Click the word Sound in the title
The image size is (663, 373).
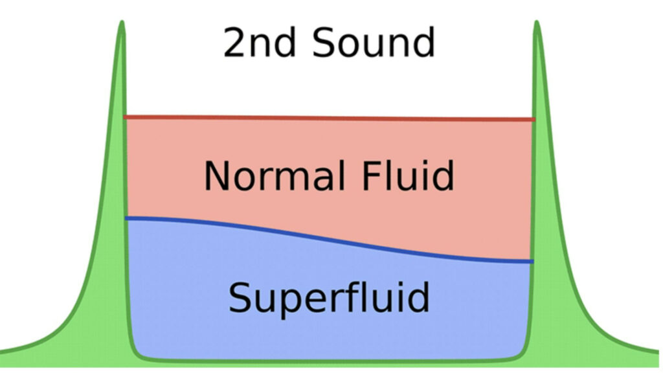[374, 43]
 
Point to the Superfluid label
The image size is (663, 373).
[329, 297]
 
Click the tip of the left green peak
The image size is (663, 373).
[121, 23]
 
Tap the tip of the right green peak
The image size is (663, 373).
[537, 23]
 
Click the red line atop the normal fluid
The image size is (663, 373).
[329, 118]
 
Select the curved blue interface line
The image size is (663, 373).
[329, 238]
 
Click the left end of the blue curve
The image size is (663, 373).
[127, 219]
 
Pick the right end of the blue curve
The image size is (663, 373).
[532, 261]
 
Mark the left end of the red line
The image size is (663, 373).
[126, 117]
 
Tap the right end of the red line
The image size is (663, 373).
[532, 120]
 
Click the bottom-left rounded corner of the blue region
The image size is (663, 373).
[137, 352]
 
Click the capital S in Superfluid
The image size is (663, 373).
[241, 297]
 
